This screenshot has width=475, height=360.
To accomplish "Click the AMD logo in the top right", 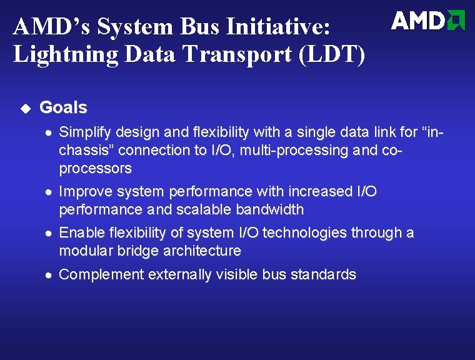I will tap(428, 21).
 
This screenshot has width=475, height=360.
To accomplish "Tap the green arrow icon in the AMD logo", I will tap(457, 21).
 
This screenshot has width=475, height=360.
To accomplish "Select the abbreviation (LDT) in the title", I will tap(332, 55).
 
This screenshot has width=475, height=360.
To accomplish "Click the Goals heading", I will tap(63, 107).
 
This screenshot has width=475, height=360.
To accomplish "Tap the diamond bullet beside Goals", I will tap(25, 108).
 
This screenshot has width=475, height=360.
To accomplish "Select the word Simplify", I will tap(83, 132).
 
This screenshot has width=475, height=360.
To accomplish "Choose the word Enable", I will tap(80, 233).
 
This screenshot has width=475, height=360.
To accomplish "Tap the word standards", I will tap(326, 274).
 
